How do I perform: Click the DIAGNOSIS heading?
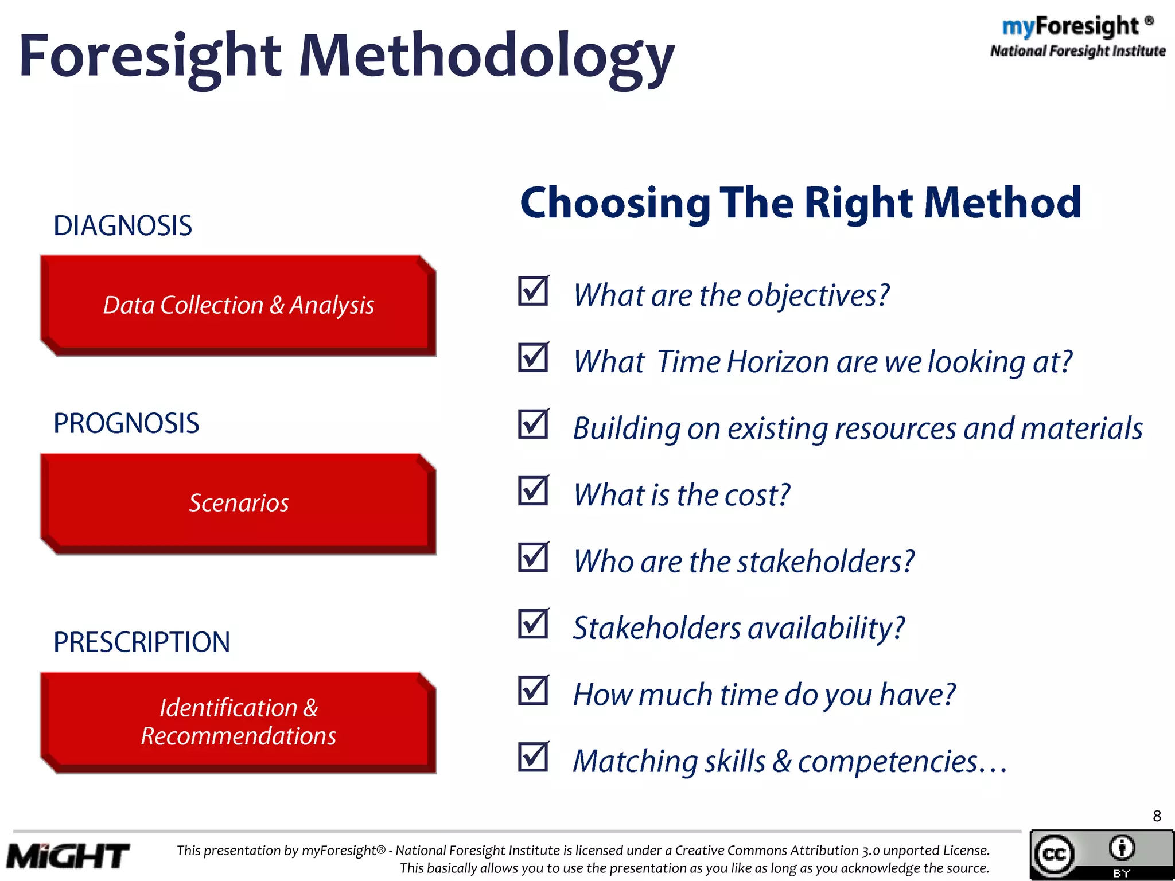(122, 225)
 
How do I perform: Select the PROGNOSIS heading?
(126, 423)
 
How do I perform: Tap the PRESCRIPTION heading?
(141, 642)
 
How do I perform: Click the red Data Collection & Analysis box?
(238, 305)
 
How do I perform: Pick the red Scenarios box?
(238, 503)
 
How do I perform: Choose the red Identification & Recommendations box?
(238, 722)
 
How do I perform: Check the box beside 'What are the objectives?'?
(533, 291)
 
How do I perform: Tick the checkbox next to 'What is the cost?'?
(533, 491)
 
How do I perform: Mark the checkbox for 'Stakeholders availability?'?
(533, 624)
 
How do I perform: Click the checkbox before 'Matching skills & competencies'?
(533, 757)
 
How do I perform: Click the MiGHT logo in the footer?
(68, 856)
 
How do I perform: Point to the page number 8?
(1157, 816)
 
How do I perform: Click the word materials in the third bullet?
(1081, 428)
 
